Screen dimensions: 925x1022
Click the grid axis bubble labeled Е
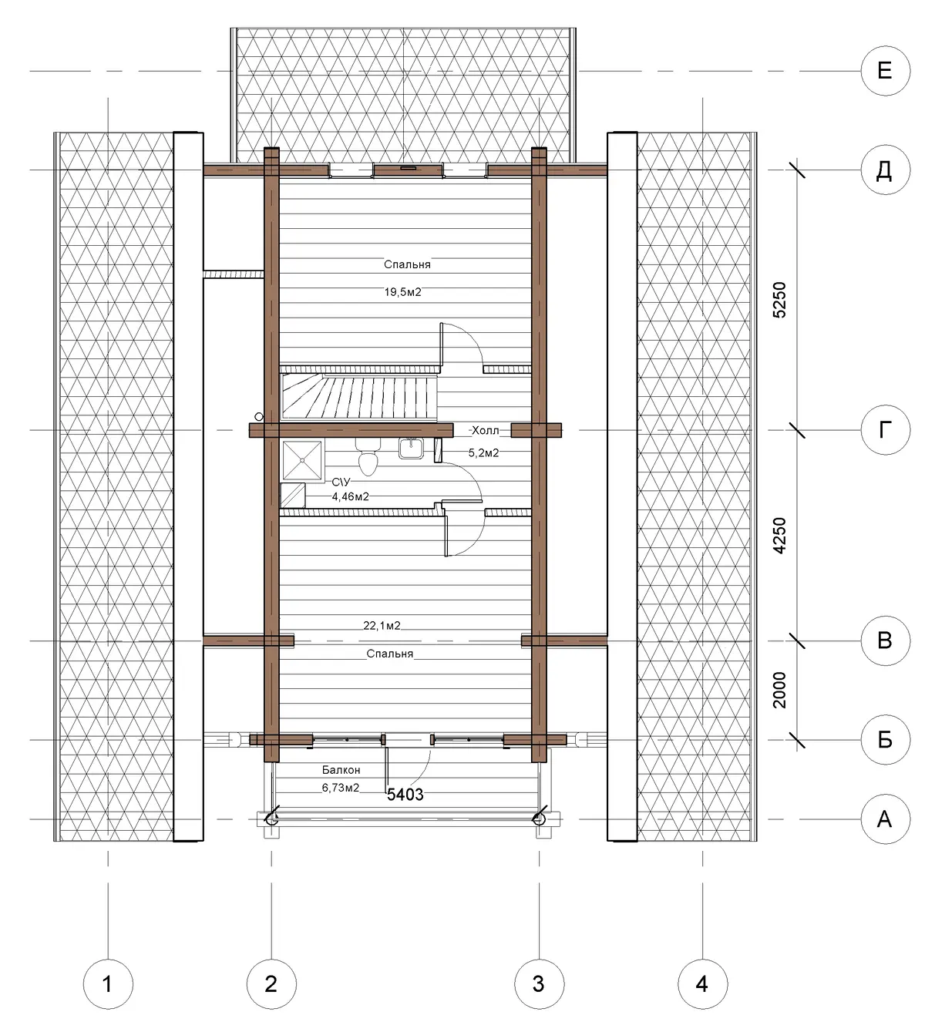(885, 71)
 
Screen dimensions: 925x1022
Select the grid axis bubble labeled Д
(885, 170)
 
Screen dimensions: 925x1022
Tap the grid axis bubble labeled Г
(885, 430)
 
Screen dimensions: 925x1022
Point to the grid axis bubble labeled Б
(885, 740)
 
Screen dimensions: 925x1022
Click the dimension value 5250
(780, 300)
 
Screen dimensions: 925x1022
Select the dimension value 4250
(780, 536)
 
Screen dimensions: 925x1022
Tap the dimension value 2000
(780, 691)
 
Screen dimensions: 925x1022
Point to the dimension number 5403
(405, 795)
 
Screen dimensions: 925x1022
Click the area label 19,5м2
(402, 292)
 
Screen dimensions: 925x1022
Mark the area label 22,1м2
(382, 625)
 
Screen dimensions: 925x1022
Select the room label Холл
(485, 431)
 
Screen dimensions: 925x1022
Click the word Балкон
(341, 770)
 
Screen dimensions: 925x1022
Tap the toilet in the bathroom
(368, 456)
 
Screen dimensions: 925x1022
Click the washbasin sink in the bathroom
(411, 449)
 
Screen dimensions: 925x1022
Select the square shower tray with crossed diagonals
(303, 461)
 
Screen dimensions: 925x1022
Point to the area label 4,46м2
(351, 496)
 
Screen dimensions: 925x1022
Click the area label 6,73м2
(341, 788)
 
